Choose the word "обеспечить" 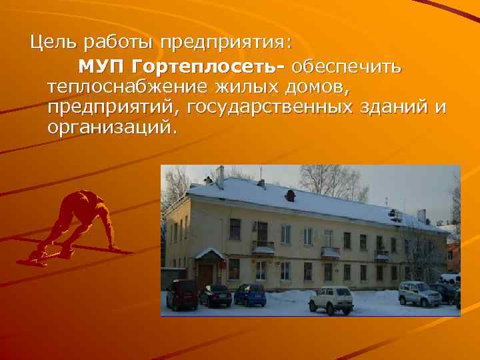click(x=345, y=67)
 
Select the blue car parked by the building click(x=250, y=295)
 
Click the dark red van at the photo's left click(x=181, y=294)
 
